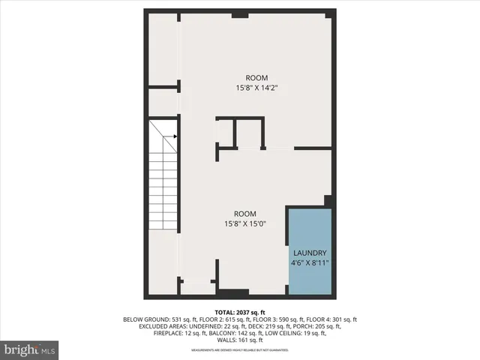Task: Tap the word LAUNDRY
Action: (x=310, y=253)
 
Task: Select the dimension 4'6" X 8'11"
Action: (x=310, y=263)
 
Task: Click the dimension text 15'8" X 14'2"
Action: (x=256, y=87)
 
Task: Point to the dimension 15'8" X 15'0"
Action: (x=245, y=223)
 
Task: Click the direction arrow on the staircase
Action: (x=174, y=136)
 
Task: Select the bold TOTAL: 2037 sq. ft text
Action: (x=239, y=311)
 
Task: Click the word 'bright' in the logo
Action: (x=20, y=349)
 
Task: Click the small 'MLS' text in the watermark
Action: (x=48, y=350)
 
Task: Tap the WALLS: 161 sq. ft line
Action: (x=240, y=340)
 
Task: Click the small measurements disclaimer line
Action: (x=239, y=350)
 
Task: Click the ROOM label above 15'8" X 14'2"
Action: (x=256, y=78)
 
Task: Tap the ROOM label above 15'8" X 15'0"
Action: (x=245, y=213)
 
